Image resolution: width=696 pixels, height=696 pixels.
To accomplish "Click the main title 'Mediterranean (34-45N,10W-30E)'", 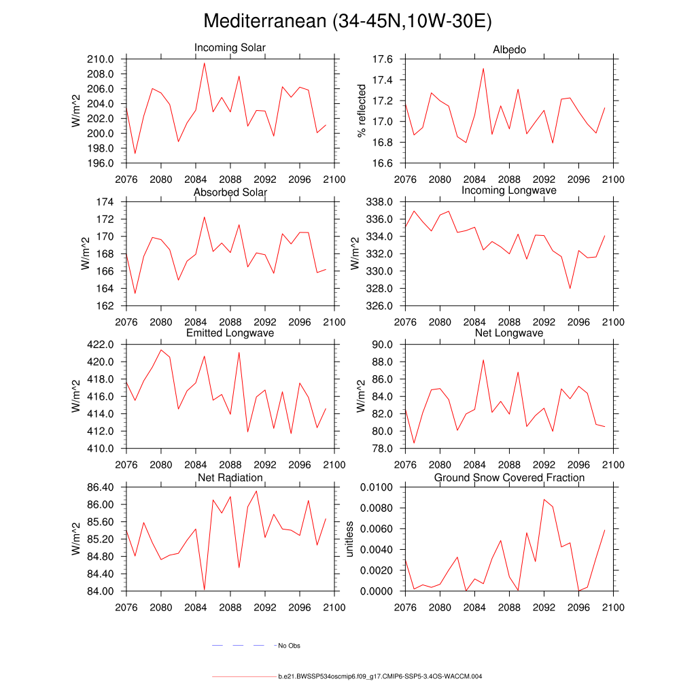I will pyautogui.click(x=347, y=21).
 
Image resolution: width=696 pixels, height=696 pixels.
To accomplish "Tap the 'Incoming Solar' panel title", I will pyautogui.click(x=230, y=48).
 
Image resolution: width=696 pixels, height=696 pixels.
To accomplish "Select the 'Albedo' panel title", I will pyautogui.click(x=509, y=50).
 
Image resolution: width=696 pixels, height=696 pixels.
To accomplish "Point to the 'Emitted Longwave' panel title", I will pyautogui.click(x=230, y=333).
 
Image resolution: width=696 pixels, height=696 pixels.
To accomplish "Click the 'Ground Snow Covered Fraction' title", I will pyautogui.click(x=509, y=478).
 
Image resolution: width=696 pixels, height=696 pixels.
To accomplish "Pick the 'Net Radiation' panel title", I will pyautogui.click(x=230, y=478).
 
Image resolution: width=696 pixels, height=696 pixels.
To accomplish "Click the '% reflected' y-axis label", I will pyautogui.click(x=362, y=111).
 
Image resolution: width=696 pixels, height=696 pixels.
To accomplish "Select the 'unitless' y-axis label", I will pyautogui.click(x=349, y=539).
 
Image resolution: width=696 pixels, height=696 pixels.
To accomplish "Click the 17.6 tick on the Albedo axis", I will pyautogui.click(x=383, y=59).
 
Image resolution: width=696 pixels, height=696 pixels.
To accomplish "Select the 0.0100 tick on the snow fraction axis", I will pyautogui.click(x=378, y=487).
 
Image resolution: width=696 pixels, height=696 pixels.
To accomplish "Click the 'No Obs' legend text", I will pyautogui.click(x=289, y=646).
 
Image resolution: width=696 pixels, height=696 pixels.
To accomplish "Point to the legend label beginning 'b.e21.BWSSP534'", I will pyautogui.click(x=380, y=677).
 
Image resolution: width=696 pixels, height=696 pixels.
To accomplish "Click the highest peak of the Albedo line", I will pyautogui.click(x=483, y=68).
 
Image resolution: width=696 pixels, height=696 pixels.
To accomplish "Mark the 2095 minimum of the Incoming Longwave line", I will pyautogui.click(x=570, y=289).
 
